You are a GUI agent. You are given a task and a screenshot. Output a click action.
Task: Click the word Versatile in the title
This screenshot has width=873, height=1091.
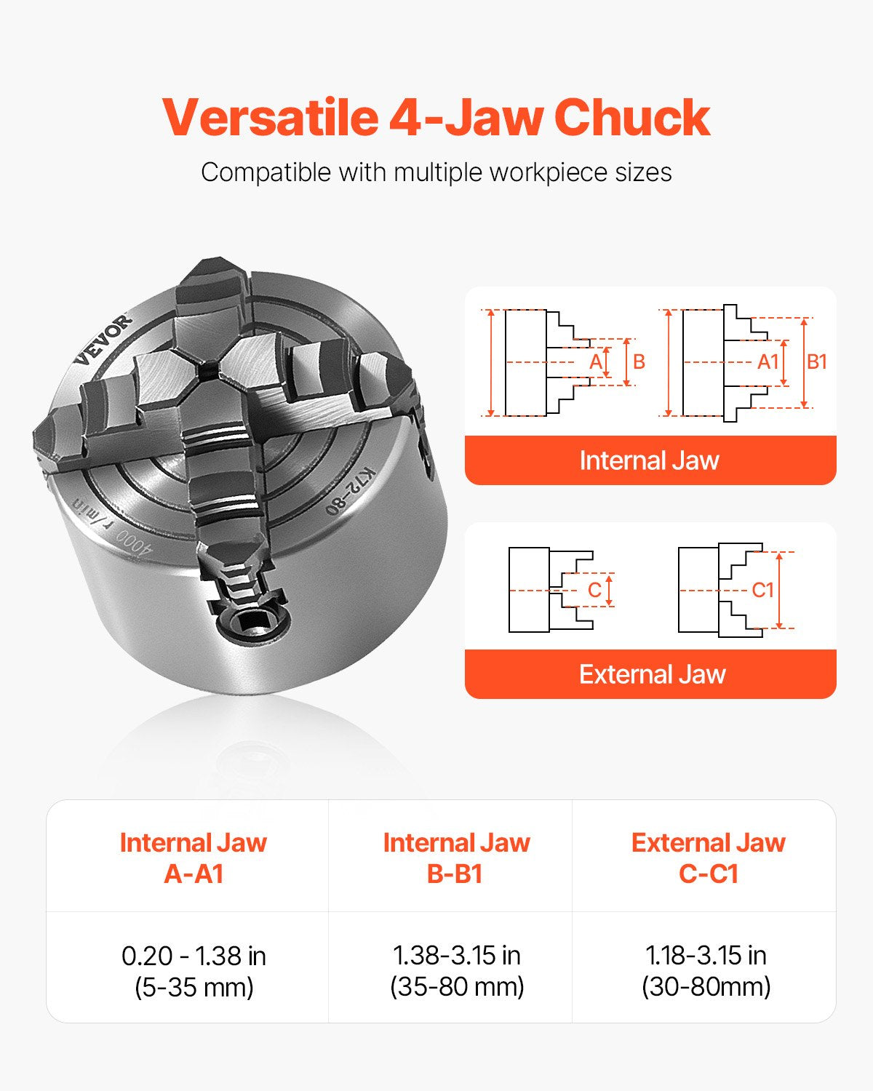click(x=268, y=118)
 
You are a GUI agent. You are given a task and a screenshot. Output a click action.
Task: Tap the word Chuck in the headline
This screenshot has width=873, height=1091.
click(x=631, y=118)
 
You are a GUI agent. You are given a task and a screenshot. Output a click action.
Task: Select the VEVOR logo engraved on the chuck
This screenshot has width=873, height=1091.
click(x=103, y=340)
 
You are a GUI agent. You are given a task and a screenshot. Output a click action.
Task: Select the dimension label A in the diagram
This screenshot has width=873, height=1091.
click(x=596, y=361)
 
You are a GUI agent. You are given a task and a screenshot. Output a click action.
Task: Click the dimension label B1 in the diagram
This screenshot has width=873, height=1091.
click(x=817, y=361)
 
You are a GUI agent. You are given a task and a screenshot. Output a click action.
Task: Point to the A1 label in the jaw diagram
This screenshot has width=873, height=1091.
click(x=768, y=361)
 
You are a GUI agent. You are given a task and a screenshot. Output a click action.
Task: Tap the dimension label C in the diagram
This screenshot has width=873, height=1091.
click(x=594, y=590)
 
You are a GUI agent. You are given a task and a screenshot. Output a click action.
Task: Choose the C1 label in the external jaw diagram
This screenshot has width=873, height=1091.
click(x=762, y=590)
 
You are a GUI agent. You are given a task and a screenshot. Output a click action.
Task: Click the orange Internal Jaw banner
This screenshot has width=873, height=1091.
click(x=650, y=460)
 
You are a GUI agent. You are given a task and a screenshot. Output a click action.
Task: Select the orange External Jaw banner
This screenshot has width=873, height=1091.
click(x=652, y=674)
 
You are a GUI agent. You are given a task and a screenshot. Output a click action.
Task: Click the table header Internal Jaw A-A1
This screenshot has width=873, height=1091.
click(x=193, y=858)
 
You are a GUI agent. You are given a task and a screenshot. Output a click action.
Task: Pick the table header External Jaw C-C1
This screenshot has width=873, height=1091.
click(x=708, y=858)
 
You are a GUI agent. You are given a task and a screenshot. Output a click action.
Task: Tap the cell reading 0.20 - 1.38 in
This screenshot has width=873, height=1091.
click(x=194, y=956)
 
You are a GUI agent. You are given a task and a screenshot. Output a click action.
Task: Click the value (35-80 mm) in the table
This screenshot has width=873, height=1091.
click(x=457, y=987)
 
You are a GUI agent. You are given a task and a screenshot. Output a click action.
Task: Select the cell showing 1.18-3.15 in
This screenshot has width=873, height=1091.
click(x=706, y=955)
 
